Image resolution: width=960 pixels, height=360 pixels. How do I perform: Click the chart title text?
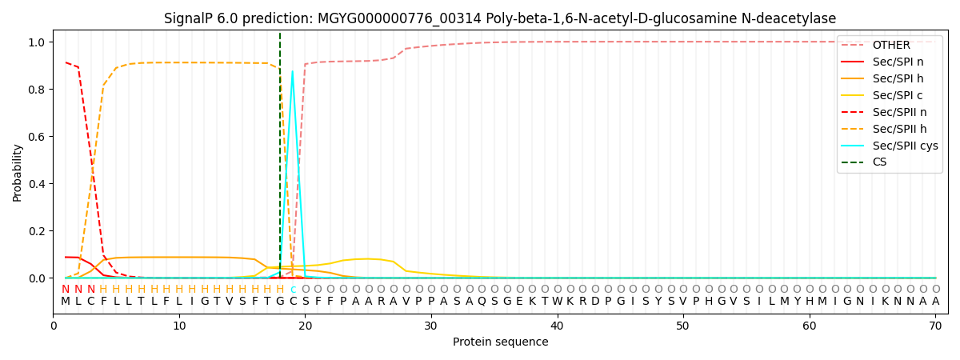500,18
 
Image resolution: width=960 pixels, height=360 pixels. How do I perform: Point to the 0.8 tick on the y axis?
38,90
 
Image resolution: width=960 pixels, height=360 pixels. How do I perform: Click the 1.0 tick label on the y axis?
38,42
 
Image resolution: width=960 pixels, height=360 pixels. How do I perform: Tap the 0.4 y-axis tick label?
38,184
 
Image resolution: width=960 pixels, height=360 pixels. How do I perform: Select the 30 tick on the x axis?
430,326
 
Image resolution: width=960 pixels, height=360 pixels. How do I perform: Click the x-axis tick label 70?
935,326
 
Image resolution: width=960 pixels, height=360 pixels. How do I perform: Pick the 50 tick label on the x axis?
682,326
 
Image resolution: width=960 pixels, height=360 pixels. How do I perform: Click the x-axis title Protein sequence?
500,342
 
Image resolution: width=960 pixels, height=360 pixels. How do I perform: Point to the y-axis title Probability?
17,172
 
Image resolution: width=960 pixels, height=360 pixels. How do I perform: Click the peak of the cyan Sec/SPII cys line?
292,71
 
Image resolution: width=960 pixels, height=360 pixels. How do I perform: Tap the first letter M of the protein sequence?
66,302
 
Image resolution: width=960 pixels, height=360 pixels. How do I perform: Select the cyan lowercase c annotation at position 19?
293,290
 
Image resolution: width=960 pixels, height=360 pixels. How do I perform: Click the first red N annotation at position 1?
66,290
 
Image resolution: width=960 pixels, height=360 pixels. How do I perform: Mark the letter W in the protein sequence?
557,302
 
